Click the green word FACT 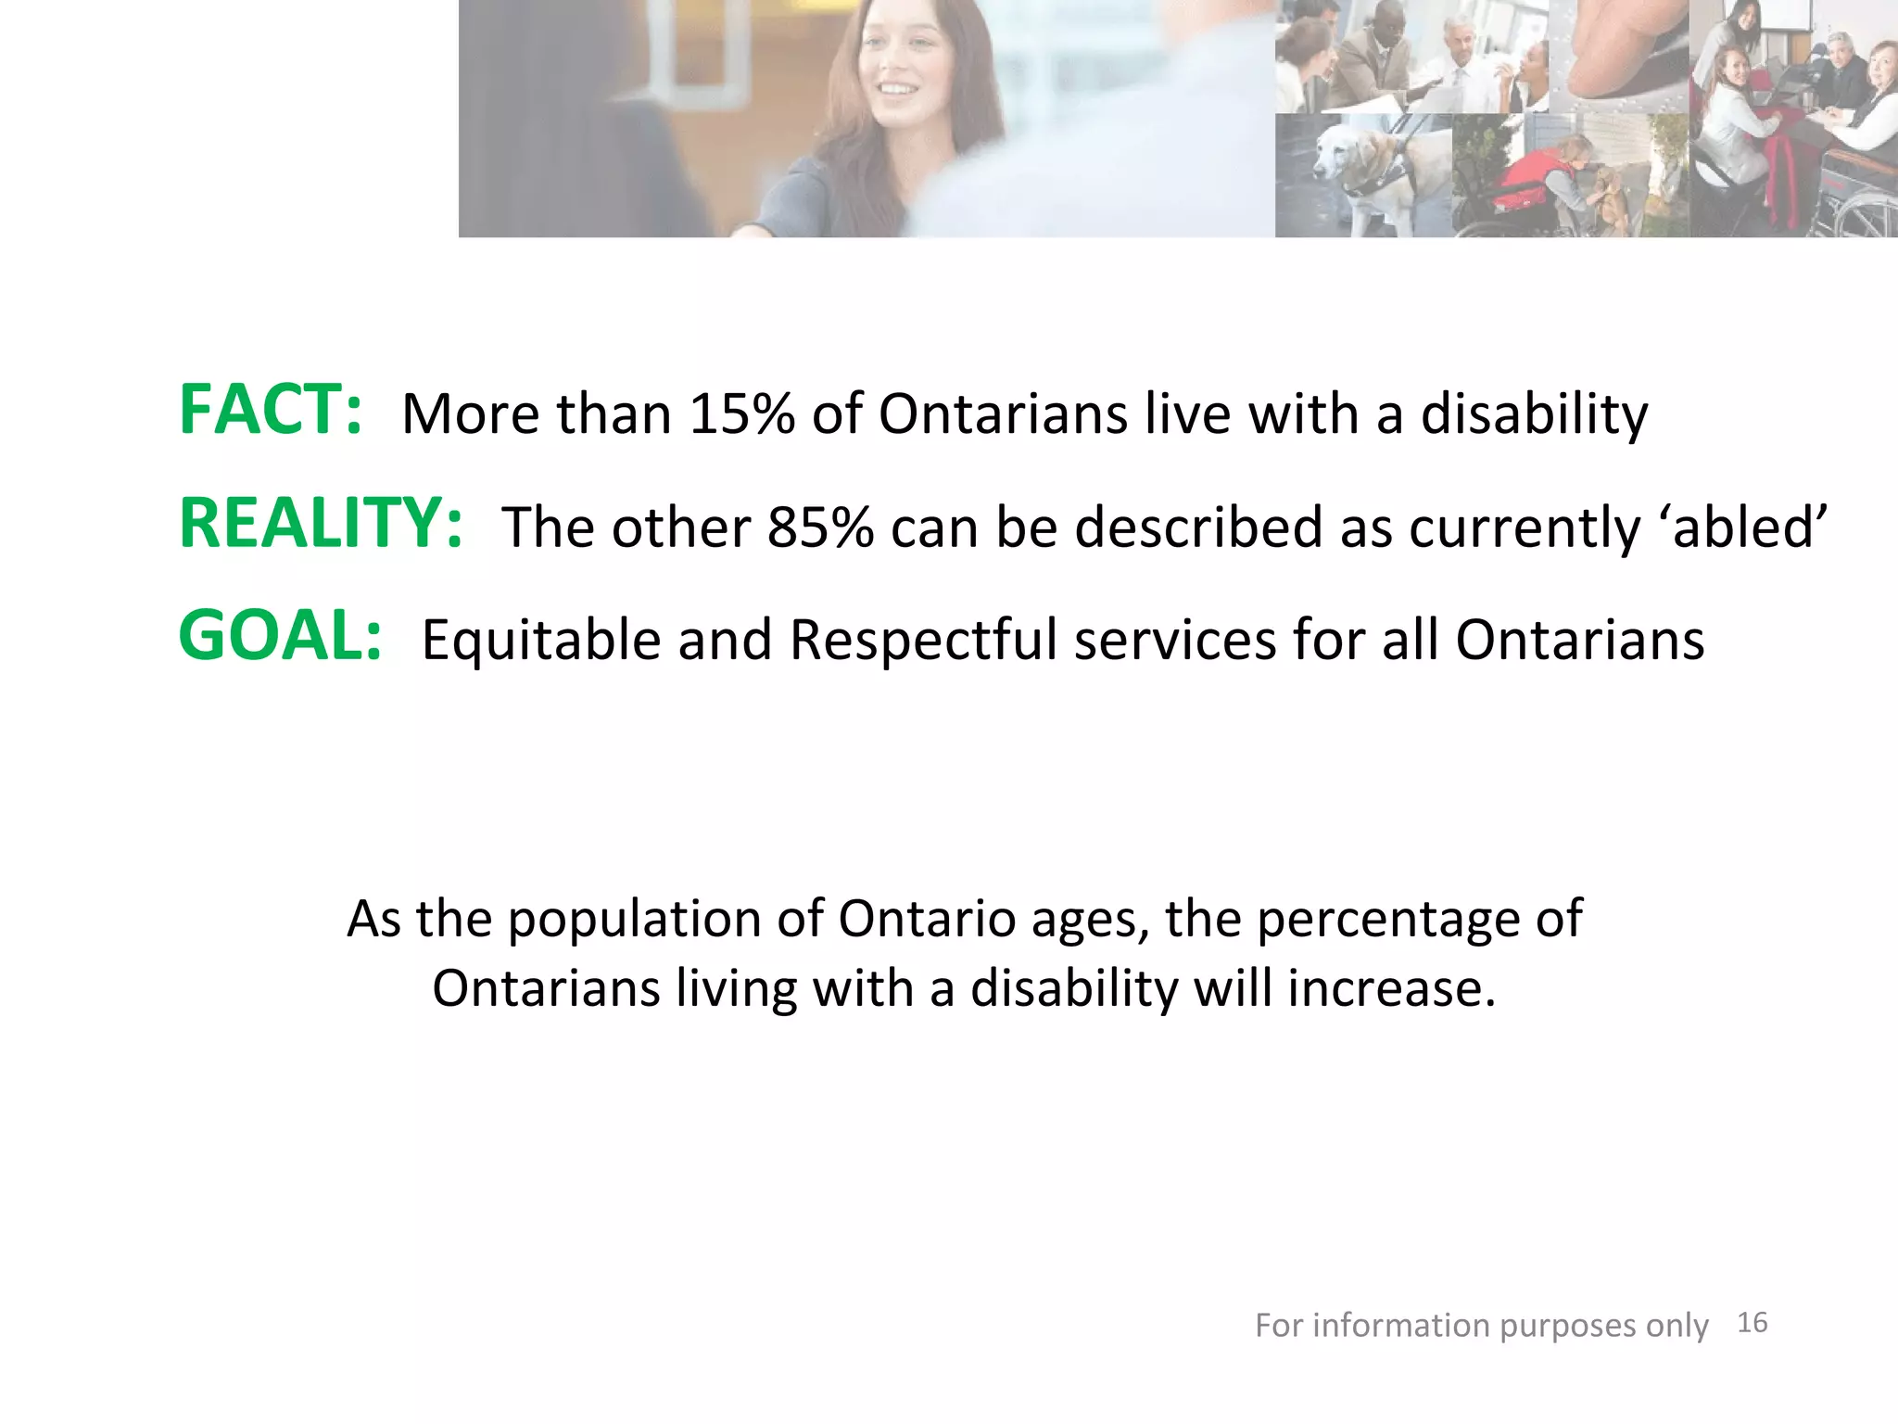pyautogui.click(x=270, y=411)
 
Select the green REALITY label pyautogui.click(x=321, y=524)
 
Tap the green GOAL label pyautogui.click(x=280, y=637)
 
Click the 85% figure pyautogui.click(x=820, y=528)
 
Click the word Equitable pyautogui.click(x=540, y=641)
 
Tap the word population pyautogui.click(x=634, y=921)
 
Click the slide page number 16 pyautogui.click(x=1752, y=1323)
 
